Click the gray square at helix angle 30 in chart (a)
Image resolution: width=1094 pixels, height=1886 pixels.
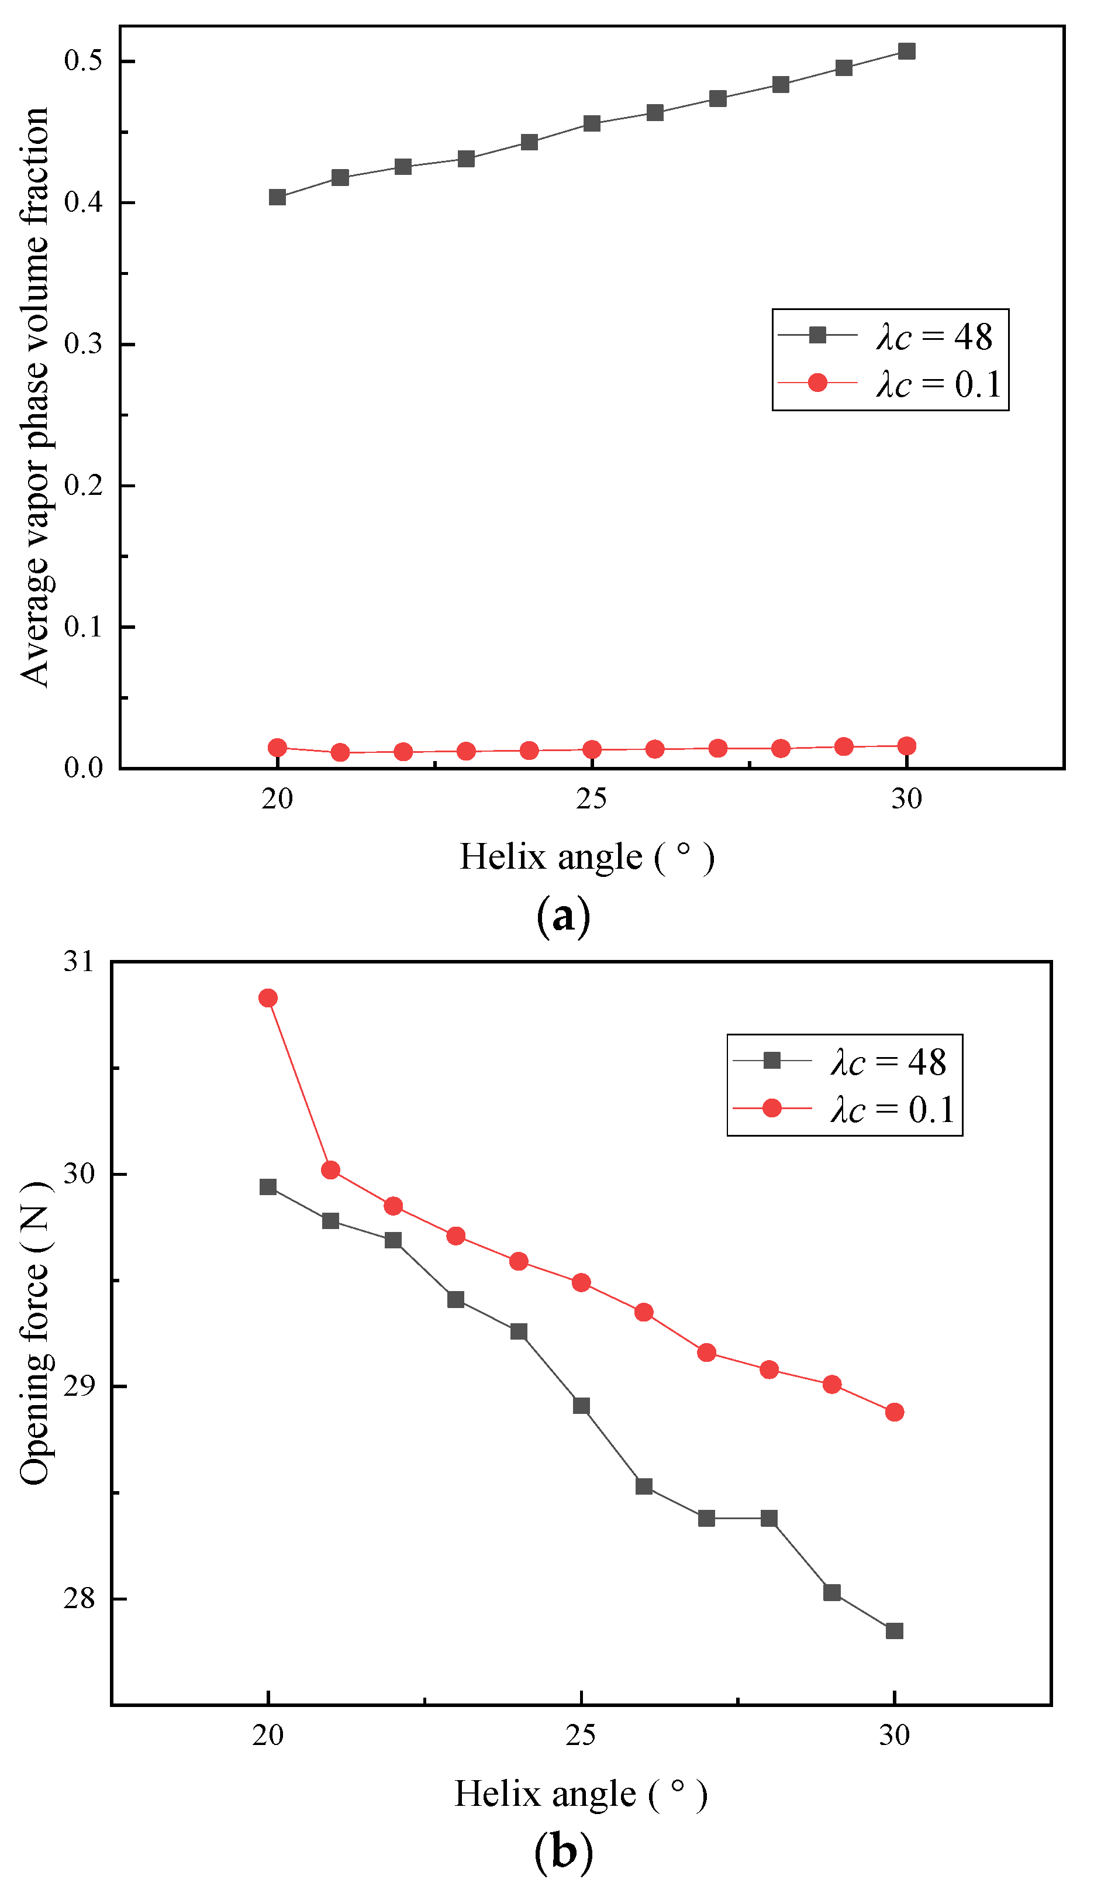[x=906, y=51]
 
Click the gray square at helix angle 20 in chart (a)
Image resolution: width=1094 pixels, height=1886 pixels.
[x=277, y=197]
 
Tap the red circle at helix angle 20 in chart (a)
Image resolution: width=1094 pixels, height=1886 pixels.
[x=277, y=747]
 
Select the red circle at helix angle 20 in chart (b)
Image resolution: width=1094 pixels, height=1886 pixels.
[x=268, y=997]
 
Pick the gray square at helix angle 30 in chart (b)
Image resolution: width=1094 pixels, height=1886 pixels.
[x=894, y=1631]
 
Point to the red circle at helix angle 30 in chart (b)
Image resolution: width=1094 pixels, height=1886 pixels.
[x=894, y=1412]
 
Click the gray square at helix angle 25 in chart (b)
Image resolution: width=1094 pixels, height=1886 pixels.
[x=581, y=1406]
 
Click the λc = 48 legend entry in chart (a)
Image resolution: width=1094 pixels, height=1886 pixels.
[x=891, y=336]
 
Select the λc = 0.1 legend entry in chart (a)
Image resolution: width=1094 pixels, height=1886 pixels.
[x=891, y=384]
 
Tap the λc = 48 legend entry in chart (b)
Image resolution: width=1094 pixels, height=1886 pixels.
[x=844, y=1061]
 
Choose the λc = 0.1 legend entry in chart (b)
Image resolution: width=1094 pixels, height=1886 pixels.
[x=844, y=1109]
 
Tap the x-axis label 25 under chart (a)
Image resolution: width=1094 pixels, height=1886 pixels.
[x=591, y=799]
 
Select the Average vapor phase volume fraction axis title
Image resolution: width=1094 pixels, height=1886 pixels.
[x=34, y=397]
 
